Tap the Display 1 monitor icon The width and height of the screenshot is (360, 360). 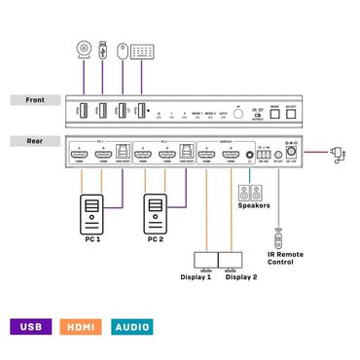206,259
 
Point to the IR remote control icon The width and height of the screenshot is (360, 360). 279,236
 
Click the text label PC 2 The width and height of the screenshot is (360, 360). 155,236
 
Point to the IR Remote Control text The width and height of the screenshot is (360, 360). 285,258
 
